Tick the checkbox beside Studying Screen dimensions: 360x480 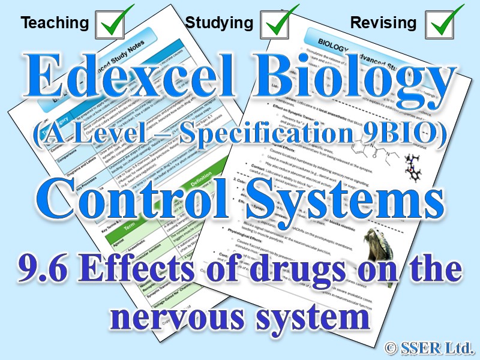(x=278, y=22)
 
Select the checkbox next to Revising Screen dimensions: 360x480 (x=444, y=22)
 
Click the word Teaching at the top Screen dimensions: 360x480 (x=54, y=23)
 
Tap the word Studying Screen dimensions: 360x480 (x=219, y=23)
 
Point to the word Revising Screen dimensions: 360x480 (x=383, y=23)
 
